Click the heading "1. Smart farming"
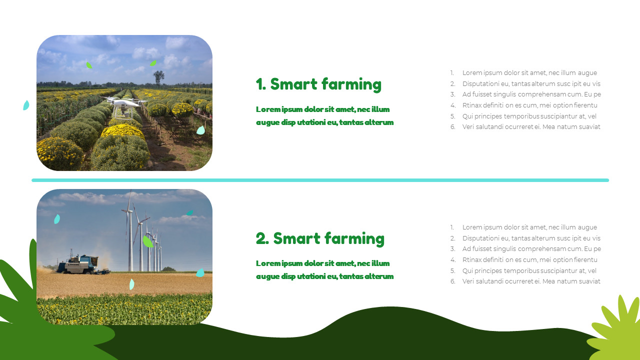(x=318, y=84)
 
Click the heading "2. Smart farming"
(x=320, y=238)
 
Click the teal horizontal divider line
(x=320, y=180)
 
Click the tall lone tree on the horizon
(x=159, y=77)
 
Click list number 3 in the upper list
(x=452, y=94)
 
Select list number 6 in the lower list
(x=452, y=281)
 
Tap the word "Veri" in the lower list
(x=468, y=281)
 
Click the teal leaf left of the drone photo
(x=26, y=105)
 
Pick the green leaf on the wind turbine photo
(x=147, y=241)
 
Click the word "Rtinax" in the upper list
(x=472, y=105)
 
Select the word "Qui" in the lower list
(x=467, y=270)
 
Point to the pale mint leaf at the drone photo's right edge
(x=200, y=130)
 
